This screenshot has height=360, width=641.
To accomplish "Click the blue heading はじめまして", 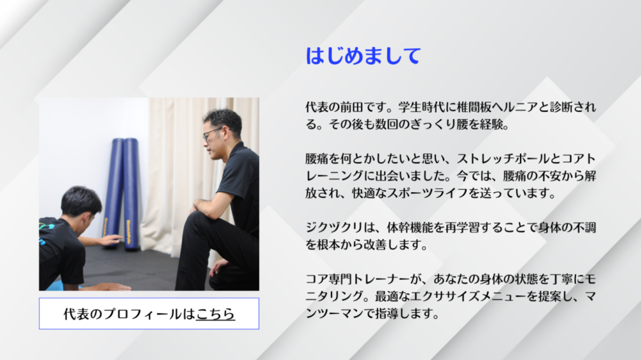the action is [x=363, y=56].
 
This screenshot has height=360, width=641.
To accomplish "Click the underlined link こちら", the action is [x=215, y=314].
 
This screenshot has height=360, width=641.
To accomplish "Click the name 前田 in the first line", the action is [x=351, y=107].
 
